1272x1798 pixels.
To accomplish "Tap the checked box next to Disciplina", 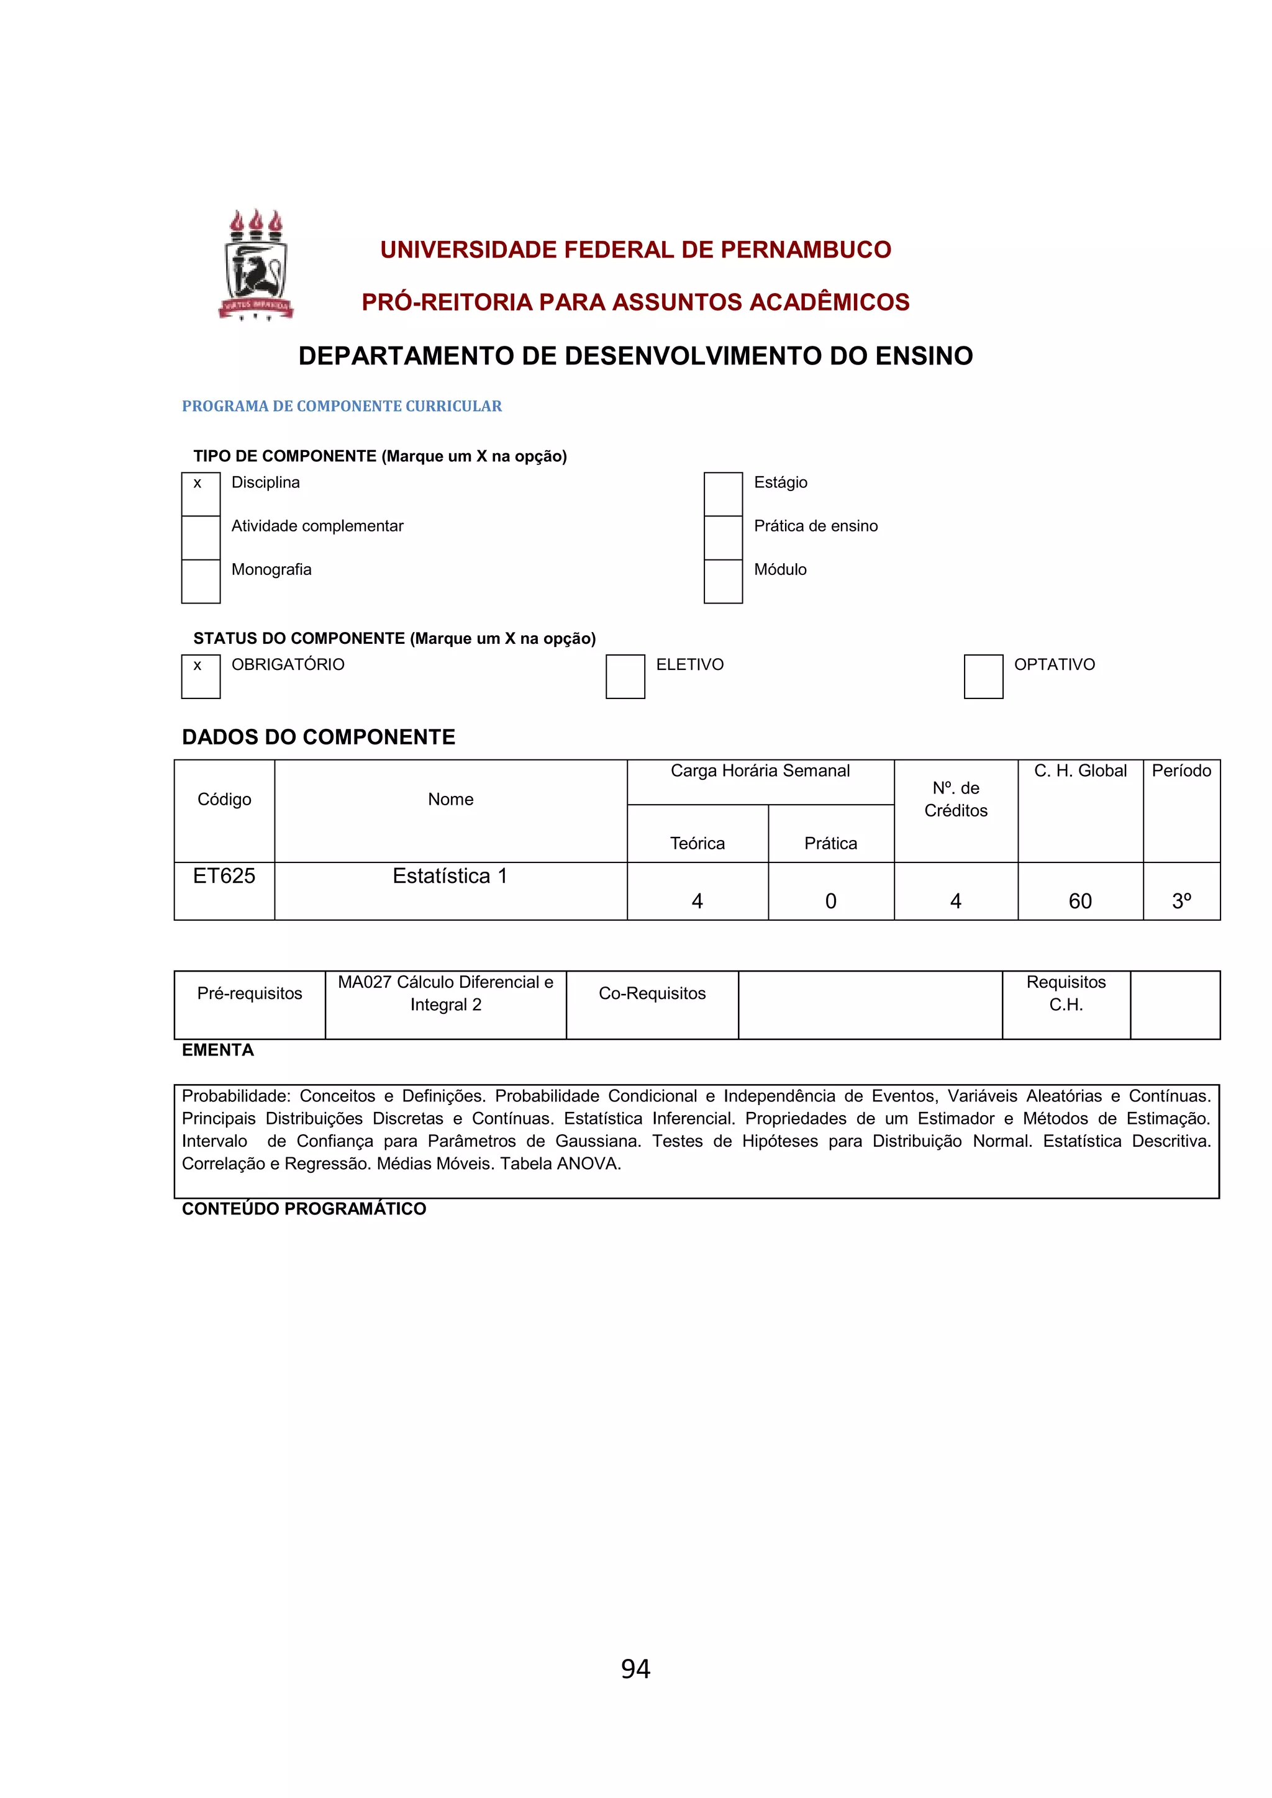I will (201, 494).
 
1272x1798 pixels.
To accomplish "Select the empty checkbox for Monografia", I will (201, 581).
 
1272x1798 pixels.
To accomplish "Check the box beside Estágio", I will (722, 494).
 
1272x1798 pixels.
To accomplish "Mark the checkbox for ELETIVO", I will (624, 676).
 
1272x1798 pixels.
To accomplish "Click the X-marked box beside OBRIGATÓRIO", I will (201, 676).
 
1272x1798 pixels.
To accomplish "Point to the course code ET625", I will (224, 875).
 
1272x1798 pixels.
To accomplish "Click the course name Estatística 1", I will (450, 875).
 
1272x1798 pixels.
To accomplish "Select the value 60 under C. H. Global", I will (1079, 901).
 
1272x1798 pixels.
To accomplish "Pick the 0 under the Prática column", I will (830, 901).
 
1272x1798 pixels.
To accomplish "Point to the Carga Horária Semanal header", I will (760, 770).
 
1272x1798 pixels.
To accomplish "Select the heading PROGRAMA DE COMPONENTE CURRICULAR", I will (342, 405).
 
